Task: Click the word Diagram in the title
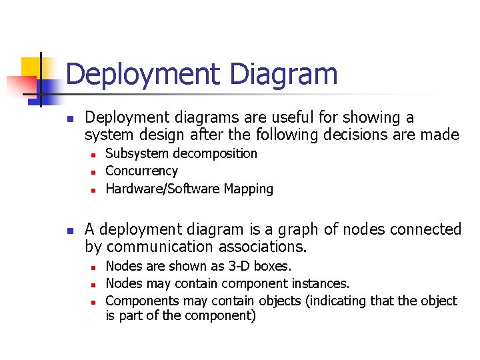284,75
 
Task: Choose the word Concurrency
142,171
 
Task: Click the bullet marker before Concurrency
95,172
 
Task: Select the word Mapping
249,189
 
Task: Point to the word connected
426,230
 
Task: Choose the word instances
321,283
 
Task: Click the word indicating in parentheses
337,301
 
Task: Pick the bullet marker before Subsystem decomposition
95,155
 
